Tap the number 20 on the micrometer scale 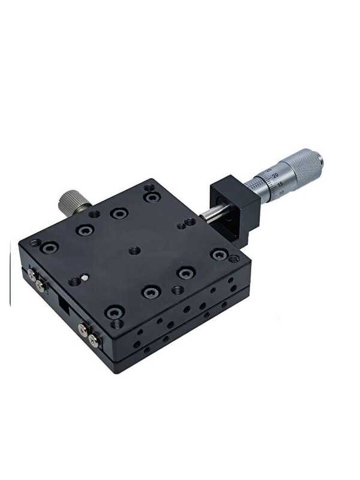275,175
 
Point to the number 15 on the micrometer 280,184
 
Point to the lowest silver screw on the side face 93,341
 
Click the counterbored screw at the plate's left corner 49,246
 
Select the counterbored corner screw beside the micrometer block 219,254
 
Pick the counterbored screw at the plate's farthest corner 152,196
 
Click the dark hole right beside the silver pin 75,281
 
